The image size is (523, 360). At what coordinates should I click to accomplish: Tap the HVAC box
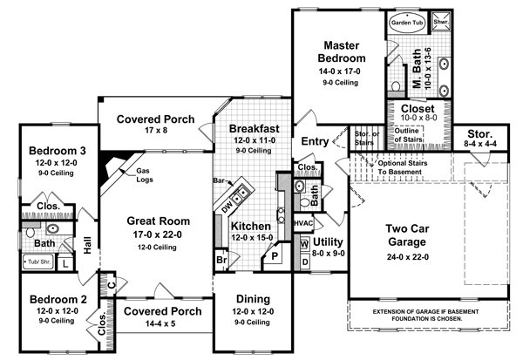(303, 223)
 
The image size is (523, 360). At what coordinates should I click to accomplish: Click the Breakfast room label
(255, 127)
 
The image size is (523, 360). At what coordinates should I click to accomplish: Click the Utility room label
(331, 241)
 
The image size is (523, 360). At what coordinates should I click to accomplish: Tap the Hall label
(86, 248)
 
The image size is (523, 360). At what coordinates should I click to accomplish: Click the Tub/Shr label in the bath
(37, 262)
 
